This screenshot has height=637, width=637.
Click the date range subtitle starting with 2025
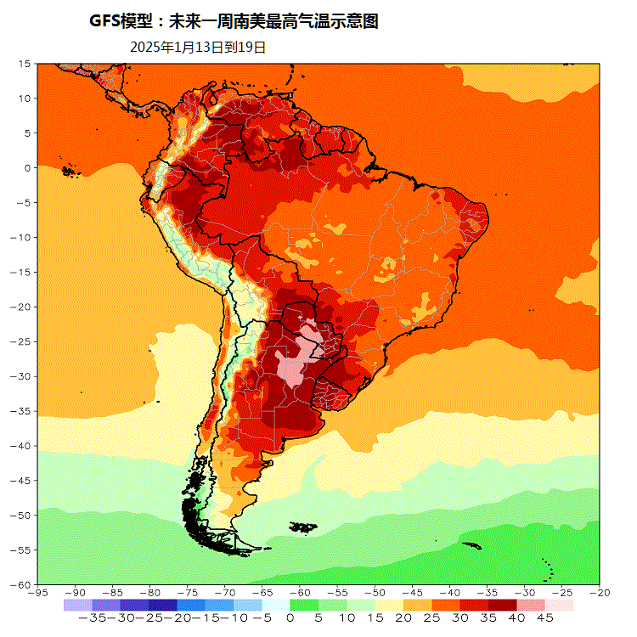tap(198, 48)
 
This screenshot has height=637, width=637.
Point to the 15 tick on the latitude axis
tap(26, 64)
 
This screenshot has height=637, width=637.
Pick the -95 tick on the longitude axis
tap(37, 592)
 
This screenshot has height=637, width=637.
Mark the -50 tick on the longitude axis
tap(375, 592)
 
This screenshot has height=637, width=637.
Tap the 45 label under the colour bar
tap(544, 618)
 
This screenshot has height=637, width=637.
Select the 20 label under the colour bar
tap(403, 618)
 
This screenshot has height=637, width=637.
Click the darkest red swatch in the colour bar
tap(502, 605)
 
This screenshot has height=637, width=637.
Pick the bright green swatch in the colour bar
tap(304, 605)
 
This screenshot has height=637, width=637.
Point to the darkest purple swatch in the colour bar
tap(163, 605)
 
